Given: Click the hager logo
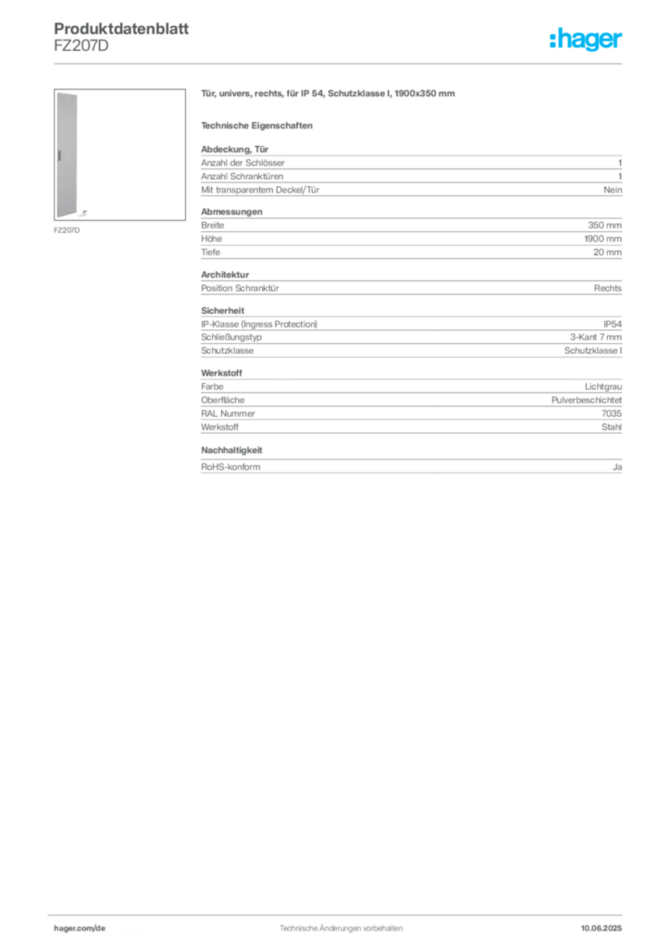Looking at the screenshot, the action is [586, 39].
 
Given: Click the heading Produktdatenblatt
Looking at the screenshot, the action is [121, 29].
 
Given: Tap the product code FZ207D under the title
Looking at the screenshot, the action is [81, 46].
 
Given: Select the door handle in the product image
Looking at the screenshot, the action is [60, 155].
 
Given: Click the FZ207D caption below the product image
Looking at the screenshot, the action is [67, 230].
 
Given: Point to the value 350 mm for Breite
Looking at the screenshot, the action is [604, 226].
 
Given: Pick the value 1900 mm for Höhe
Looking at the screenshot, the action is [602, 239].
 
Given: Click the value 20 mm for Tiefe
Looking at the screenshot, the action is [607, 252].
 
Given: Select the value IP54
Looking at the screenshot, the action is [613, 325].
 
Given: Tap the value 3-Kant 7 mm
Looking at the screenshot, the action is [596, 337].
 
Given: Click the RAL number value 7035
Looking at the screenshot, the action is [612, 413].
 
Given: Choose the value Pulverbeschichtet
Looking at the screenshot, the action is [587, 400].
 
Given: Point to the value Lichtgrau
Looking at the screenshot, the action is [603, 387].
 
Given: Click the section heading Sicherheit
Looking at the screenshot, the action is [223, 311].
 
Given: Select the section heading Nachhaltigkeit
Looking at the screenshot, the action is [231, 450].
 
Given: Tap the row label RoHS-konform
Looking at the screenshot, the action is [230, 467].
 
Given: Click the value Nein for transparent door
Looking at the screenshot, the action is [613, 190].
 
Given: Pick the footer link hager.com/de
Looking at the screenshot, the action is [80, 929].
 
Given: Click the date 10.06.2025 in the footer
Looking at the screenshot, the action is [602, 929].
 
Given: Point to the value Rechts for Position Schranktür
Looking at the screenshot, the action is [608, 289].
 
